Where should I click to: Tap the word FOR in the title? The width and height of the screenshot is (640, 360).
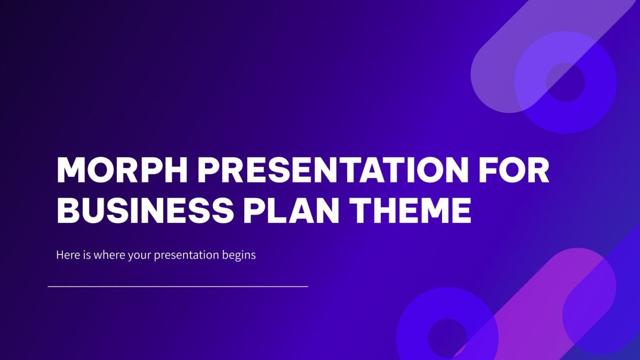515,170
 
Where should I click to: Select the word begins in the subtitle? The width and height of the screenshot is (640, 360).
239,255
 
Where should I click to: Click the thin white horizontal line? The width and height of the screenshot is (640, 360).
178,287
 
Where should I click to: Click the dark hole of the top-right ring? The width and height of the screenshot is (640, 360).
565,82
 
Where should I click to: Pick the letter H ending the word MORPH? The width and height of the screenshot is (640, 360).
176,170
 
